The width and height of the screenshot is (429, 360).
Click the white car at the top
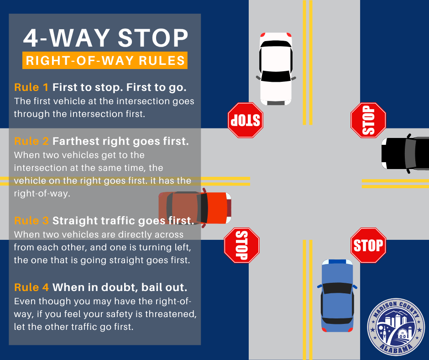pyautogui.click(x=276, y=69)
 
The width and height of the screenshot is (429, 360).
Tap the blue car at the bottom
pyautogui.click(x=337, y=296)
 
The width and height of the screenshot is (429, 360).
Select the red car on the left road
pyautogui.click(x=195, y=208)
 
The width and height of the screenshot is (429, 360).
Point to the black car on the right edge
pyautogui.click(x=405, y=154)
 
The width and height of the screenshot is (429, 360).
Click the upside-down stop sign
pyautogui.click(x=246, y=120)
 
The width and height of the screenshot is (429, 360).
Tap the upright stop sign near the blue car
pyautogui.click(x=368, y=245)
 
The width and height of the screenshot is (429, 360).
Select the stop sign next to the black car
pyautogui.click(x=368, y=120)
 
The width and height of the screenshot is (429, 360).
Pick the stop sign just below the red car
pyautogui.click(x=241, y=245)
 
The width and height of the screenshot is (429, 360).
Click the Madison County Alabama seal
pyautogui.click(x=396, y=327)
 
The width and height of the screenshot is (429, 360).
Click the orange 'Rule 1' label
pyautogui.click(x=31, y=87)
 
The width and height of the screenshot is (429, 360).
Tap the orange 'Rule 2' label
pyautogui.click(x=31, y=141)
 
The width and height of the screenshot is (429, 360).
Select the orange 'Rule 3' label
pyautogui.click(x=31, y=221)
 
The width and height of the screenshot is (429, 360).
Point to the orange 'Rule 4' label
pyautogui.click(x=31, y=287)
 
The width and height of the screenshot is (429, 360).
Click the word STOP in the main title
pyautogui.click(x=153, y=38)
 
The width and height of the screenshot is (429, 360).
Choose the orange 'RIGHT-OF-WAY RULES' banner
pyautogui.click(x=105, y=60)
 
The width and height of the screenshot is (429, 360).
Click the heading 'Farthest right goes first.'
pyautogui.click(x=120, y=141)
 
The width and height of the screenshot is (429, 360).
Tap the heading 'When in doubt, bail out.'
pyautogui.click(x=120, y=287)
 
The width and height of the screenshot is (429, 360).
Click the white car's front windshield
pyautogui.click(x=276, y=76)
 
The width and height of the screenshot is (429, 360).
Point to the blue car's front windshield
pyautogui.click(x=337, y=288)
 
